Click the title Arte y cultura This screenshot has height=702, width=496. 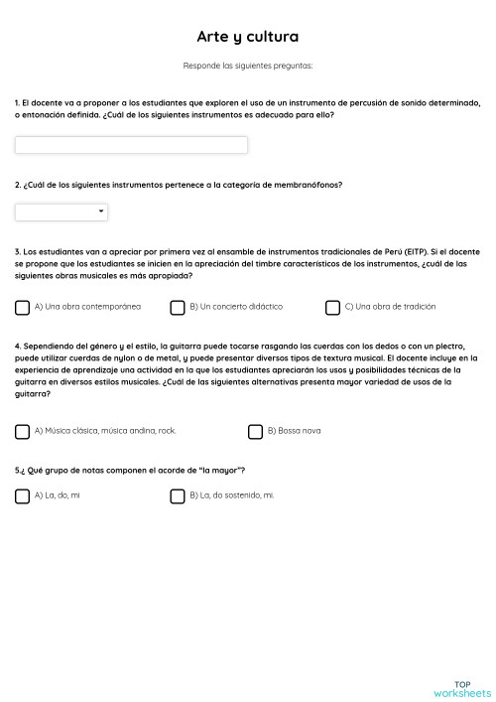point(247,37)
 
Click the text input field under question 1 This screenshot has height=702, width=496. point(131,145)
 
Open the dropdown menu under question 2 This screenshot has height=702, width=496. point(61,211)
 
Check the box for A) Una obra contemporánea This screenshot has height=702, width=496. point(22,308)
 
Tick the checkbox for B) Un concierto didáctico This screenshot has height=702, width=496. point(178,308)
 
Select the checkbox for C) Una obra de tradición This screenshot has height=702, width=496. point(332,308)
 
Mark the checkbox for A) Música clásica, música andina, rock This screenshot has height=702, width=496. point(22,431)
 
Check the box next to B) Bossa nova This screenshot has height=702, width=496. point(255,431)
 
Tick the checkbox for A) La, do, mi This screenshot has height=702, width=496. point(22,495)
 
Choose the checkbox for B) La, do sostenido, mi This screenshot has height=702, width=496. point(178,495)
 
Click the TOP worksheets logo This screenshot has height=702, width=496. point(462,688)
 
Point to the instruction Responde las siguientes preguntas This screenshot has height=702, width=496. point(247,66)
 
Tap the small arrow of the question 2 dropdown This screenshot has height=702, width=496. point(101,211)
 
